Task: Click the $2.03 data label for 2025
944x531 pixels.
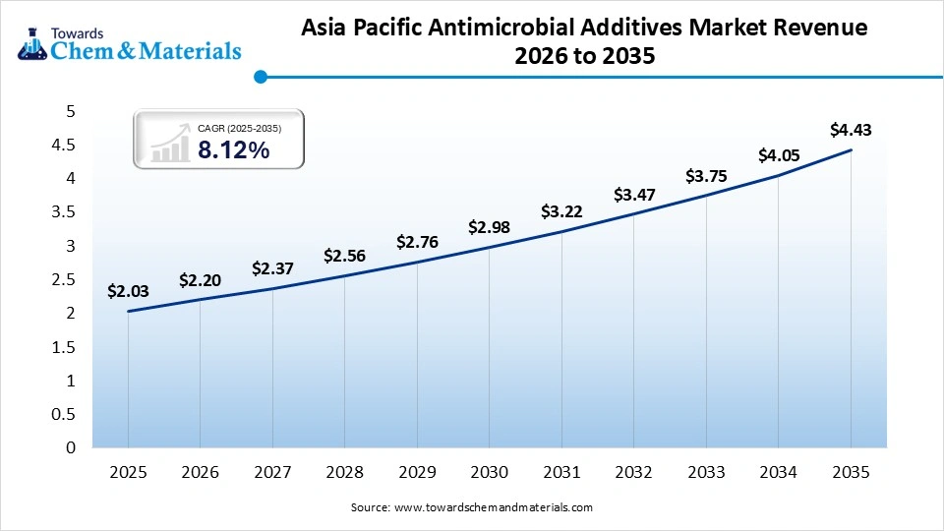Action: coord(128,290)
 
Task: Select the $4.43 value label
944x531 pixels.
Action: coord(851,129)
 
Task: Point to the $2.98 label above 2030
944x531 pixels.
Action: coord(489,227)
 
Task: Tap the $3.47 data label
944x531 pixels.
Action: coord(633,195)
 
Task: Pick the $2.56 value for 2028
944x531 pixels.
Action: coord(344,256)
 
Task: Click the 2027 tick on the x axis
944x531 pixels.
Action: coord(272,472)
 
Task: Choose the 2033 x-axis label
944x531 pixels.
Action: coord(706,472)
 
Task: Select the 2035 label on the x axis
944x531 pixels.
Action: coord(851,472)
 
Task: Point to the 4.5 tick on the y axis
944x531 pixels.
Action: coord(63,146)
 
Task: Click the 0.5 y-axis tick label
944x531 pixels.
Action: coord(63,414)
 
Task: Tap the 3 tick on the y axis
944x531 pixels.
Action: coord(70,246)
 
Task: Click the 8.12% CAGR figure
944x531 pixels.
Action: coord(234,149)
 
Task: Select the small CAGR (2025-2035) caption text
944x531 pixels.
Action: coord(240,127)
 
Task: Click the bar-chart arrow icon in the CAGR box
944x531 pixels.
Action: coord(172,143)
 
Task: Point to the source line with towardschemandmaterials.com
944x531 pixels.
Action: coord(472,507)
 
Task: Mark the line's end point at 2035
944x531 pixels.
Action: coord(851,150)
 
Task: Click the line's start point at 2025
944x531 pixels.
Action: coord(128,312)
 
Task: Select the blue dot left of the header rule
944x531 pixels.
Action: coord(260,77)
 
